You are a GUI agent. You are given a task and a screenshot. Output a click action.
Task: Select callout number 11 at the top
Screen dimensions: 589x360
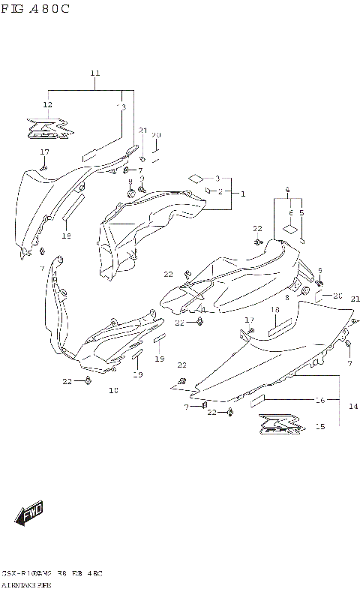[95, 73]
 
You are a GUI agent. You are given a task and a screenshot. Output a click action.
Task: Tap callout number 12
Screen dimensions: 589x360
[47, 104]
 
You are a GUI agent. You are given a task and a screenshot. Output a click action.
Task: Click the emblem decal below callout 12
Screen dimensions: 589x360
[51, 129]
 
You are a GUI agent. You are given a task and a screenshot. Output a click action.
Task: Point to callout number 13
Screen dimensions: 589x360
[121, 107]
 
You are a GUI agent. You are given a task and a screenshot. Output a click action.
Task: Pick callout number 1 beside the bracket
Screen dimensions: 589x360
[242, 194]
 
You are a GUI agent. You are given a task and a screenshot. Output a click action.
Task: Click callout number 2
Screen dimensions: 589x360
[221, 192]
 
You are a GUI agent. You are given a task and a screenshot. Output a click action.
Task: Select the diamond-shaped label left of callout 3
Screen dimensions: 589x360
[195, 178]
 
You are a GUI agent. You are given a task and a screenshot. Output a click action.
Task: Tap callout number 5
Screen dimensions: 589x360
[301, 212]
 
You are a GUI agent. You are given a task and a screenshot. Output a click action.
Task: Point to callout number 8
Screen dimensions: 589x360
[287, 297]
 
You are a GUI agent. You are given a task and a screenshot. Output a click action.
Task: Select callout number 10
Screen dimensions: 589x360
[113, 390]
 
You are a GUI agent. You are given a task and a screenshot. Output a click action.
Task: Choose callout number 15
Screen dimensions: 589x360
[319, 427]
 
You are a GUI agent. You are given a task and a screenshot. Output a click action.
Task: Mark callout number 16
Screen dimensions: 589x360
[319, 401]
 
